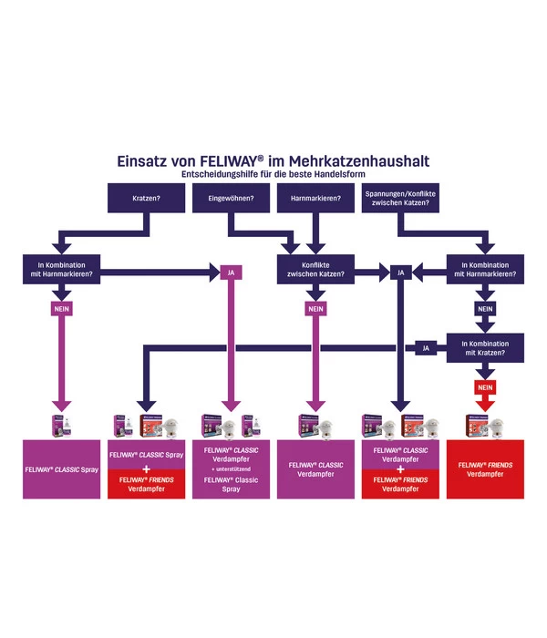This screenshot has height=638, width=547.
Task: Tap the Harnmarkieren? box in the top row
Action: [315, 198]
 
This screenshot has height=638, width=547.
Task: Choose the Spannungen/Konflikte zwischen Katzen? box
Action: [400, 198]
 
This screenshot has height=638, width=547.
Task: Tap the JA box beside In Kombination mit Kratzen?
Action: [425, 347]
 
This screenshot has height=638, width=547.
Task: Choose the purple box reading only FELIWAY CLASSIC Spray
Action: [61, 468]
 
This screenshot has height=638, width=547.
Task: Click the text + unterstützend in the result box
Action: [232, 468]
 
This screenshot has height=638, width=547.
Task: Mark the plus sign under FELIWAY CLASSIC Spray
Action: [146, 468]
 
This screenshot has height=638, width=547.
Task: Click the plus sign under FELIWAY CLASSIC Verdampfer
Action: [400, 468]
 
